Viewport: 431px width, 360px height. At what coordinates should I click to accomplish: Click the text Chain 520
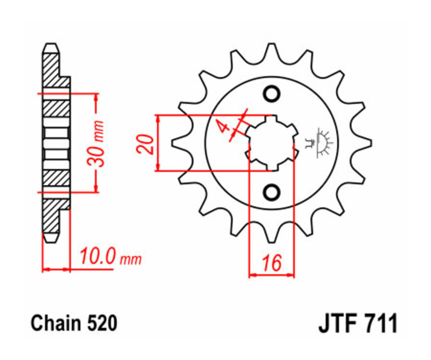coord(74,324)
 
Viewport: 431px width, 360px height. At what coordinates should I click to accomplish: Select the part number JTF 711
coord(357,324)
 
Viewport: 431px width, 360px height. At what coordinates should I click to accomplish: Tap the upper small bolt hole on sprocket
coord(272,94)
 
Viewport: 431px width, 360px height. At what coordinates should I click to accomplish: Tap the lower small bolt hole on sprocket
coord(272,192)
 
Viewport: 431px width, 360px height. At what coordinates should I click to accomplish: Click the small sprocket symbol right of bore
coord(318,143)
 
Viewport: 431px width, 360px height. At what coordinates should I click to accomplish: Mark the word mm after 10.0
coord(131,260)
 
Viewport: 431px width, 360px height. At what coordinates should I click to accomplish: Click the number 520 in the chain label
coord(102,324)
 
